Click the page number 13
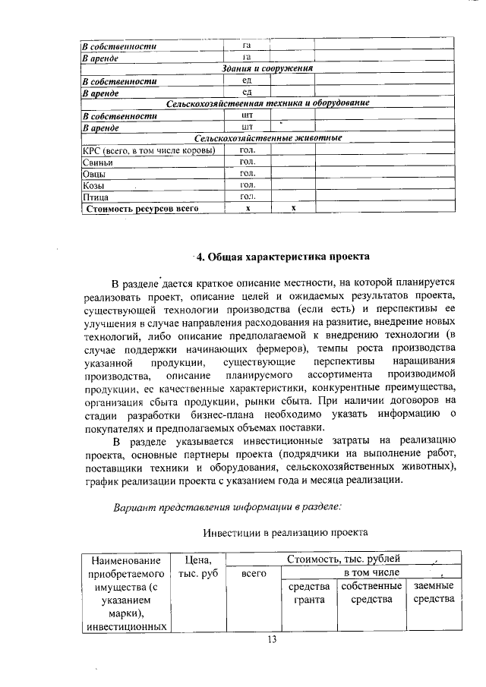(271, 640)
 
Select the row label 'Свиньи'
(98, 162)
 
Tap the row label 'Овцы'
(94, 173)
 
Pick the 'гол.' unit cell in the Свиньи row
(247, 162)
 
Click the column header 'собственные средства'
(371, 593)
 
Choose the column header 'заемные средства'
(434, 593)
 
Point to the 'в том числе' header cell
(369, 572)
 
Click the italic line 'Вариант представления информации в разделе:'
(226, 506)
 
